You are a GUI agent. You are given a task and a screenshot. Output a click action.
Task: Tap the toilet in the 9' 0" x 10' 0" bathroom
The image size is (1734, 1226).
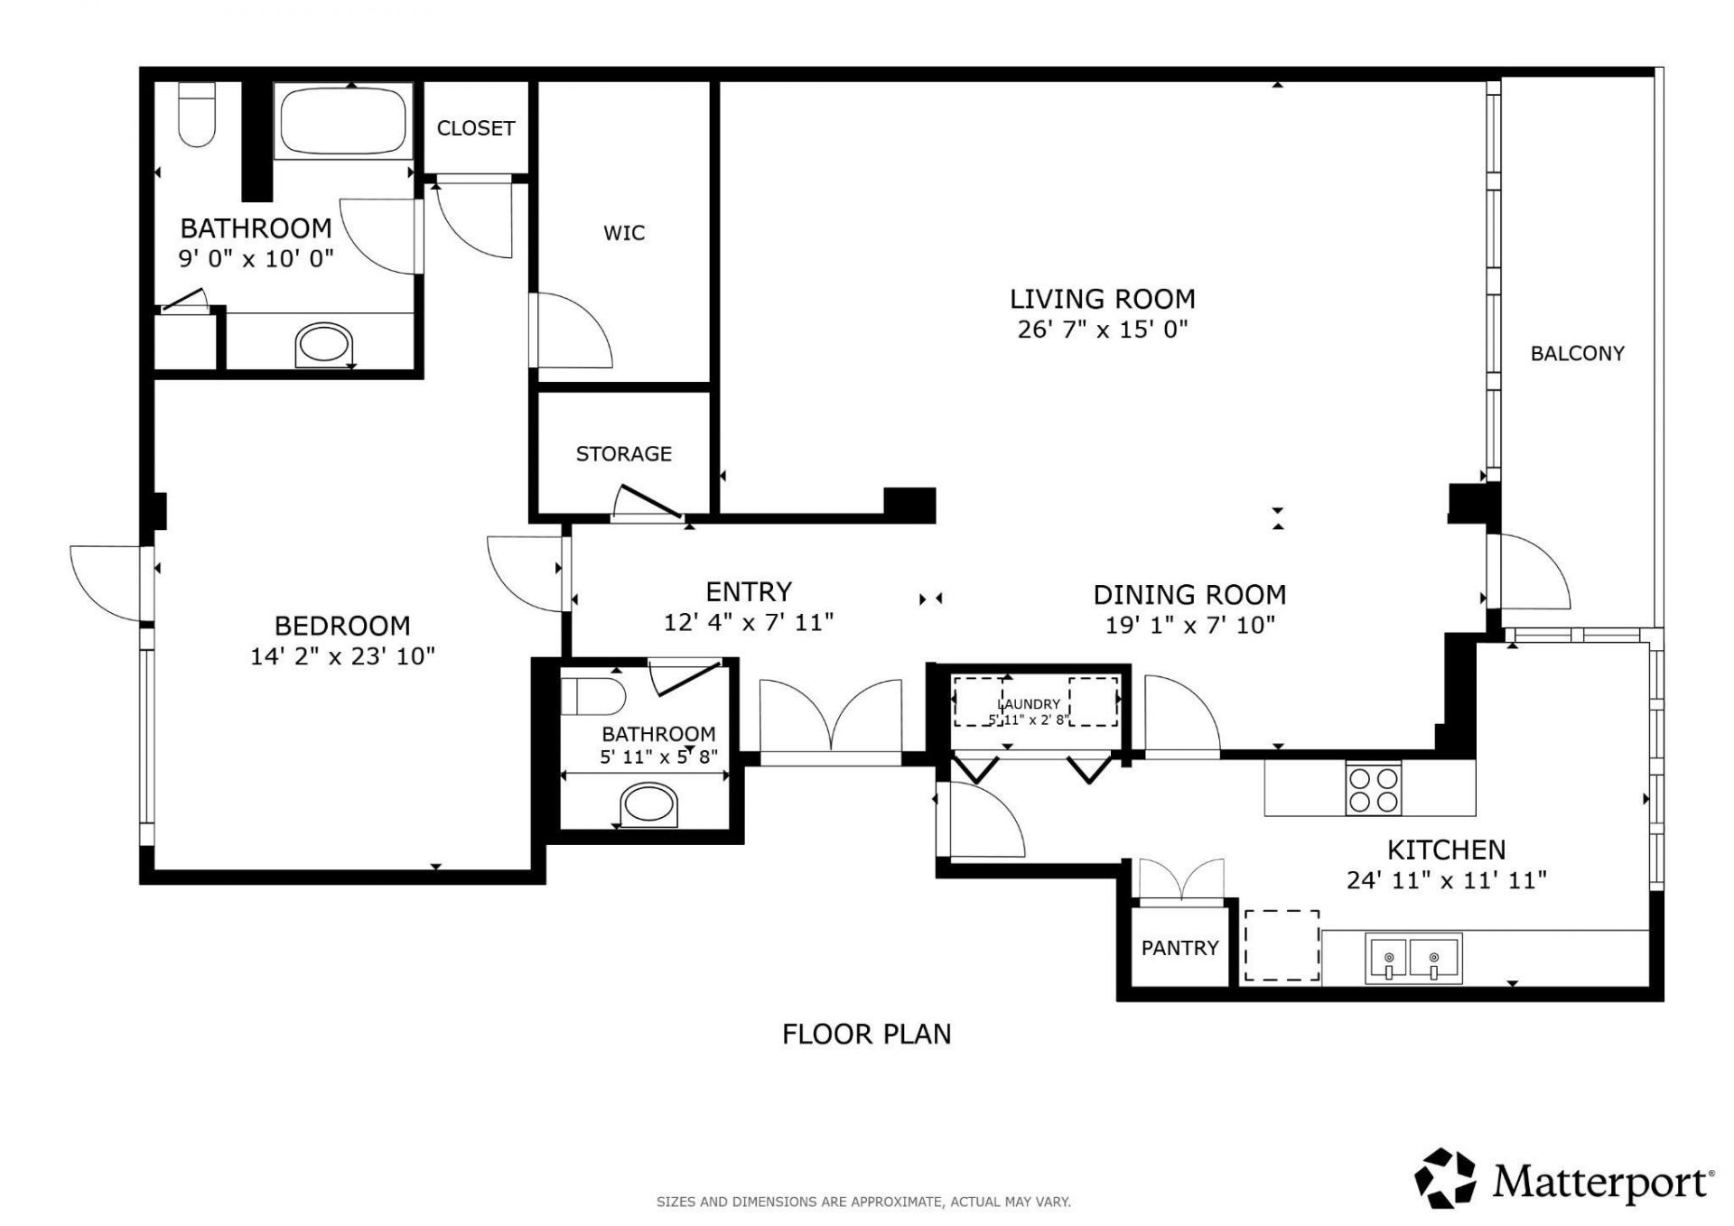tap(197, 115)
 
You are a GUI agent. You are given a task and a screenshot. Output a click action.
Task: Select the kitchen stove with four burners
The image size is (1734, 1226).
tap(1373, 789)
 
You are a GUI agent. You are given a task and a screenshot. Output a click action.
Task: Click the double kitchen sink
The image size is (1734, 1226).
tap(1412, 959)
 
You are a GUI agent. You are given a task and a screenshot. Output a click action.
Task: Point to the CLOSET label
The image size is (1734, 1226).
tap(475, 128)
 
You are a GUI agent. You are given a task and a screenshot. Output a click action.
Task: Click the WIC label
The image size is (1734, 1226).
tap(624, 233)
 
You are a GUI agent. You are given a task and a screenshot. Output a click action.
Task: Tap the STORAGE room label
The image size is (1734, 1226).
tap(623, 453)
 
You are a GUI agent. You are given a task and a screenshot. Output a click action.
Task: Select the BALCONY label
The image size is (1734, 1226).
tap(1577, 353)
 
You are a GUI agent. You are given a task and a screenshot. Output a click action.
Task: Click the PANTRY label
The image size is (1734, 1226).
tap(1179, 947)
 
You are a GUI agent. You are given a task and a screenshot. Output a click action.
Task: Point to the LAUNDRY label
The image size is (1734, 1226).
tap(1029, 703)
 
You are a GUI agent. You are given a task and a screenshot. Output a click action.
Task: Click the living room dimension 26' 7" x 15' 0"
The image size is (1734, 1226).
tap(1102, 329)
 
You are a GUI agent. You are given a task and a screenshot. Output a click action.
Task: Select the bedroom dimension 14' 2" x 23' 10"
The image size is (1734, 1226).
tap(342, 655)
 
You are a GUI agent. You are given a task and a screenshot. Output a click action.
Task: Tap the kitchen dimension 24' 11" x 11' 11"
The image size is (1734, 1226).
tap(1446, 879)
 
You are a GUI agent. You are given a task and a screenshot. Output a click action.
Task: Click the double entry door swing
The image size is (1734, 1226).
tap(831, 718)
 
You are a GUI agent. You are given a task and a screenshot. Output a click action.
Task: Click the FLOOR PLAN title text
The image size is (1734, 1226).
tap(866, 1034)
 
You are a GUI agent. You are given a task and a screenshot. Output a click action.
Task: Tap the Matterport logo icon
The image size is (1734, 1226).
tap(1445, 1178)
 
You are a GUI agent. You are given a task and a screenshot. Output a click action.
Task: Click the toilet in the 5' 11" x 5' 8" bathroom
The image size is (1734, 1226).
tap(593, 697)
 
